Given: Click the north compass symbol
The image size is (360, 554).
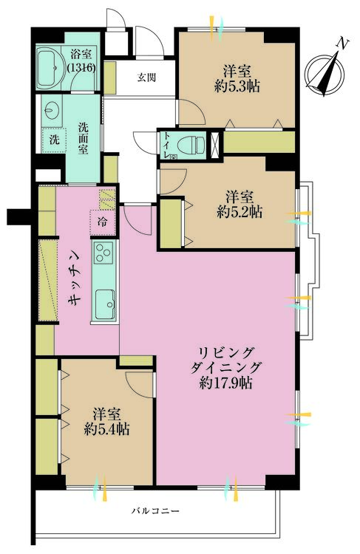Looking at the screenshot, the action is tap(325, 73).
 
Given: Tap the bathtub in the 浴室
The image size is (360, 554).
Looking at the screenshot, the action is tap(50, 68).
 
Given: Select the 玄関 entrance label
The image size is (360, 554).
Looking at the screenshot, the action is tap(146, 78).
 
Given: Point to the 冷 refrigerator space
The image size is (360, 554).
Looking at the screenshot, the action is tap(103, 222).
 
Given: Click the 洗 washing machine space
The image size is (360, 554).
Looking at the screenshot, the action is tap(54, 140).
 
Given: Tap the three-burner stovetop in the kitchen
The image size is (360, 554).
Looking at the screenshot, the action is tap(103, 252).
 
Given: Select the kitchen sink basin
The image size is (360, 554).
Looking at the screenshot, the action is tap(105, 304).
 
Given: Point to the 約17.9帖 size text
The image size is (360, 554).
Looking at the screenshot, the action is tap(225, 383).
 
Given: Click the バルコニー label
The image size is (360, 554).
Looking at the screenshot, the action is tap(156, 511).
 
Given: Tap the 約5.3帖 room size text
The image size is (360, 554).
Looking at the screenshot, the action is tap(237, 86).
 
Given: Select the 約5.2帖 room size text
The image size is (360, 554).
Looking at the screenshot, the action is tap(240, 212).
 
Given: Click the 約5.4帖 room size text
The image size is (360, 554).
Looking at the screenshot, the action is tap(106, 428).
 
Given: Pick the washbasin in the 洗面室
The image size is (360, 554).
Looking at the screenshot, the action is tap(52, 110).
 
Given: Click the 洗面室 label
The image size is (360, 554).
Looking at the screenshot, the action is tap(83, 138).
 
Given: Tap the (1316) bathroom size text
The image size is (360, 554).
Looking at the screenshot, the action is tap(81, 67).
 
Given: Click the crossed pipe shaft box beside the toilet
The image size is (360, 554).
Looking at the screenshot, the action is tap(214, 145).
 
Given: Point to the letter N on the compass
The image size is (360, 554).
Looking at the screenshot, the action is tap(342, 44).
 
